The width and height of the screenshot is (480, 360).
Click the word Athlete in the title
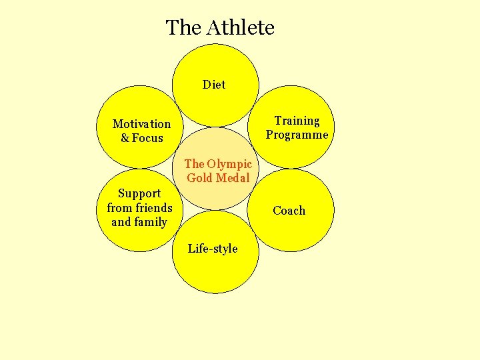point(240,28)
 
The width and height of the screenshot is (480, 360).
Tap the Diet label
point(214,85)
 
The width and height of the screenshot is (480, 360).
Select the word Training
point(297,121)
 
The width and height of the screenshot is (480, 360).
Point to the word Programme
point(297,135)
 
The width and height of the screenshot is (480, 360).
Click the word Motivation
point(141,124)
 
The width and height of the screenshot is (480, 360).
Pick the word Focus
point(147,138)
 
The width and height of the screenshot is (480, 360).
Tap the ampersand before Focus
point(125,138)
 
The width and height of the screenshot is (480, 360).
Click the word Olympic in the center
point(229,164)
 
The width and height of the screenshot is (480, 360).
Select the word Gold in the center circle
point(199,178)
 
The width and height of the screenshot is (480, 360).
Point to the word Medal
point(232,178)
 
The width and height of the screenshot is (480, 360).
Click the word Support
point(139,193)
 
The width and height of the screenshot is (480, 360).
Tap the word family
point(151,222)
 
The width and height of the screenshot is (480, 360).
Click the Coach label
point(289,211)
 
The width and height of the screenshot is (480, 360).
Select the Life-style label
point(213,249)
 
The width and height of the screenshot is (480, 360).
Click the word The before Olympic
point(194,164)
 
